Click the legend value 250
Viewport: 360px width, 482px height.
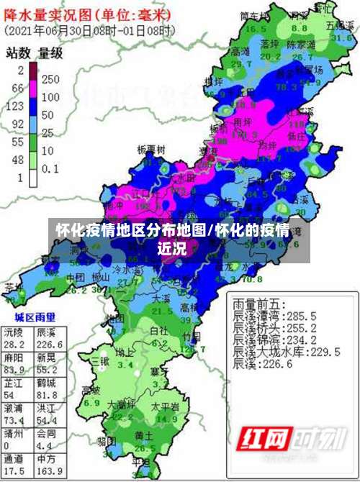click(x=51, y=78)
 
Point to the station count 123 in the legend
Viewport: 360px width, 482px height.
click(x=15, y=106)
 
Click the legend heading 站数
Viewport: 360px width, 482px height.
click(x=17, y=53)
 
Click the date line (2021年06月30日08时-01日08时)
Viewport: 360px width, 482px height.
click(x=89, y=31)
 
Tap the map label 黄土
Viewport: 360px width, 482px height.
click(x=143, y=436)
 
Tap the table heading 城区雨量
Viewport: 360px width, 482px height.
click(x=35, y=316)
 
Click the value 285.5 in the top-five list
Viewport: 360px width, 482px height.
click(x=303, y=315)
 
